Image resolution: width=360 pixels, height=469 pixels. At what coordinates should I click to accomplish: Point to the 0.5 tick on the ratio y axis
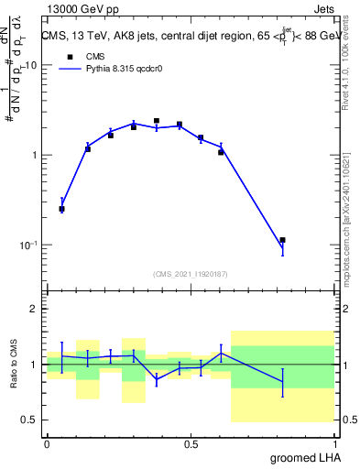(29, 420)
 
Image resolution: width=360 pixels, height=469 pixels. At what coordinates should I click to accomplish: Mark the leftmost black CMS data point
(61, 209)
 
